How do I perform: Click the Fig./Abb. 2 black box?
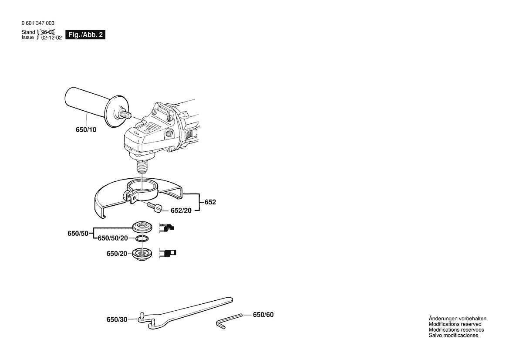[85, 34]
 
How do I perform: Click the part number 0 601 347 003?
[38, 23]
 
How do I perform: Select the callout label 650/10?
[86, 130]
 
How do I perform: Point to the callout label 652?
[210, 202]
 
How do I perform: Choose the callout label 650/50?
[78, 234]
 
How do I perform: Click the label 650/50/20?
[112, 238]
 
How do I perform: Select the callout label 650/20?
[117, 253]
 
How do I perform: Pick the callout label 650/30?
[117, 319]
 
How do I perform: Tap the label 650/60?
[263, 314]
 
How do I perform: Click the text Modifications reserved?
[455, 324]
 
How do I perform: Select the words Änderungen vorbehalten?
[457, 319]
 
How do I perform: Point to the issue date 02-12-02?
[51, 38]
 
